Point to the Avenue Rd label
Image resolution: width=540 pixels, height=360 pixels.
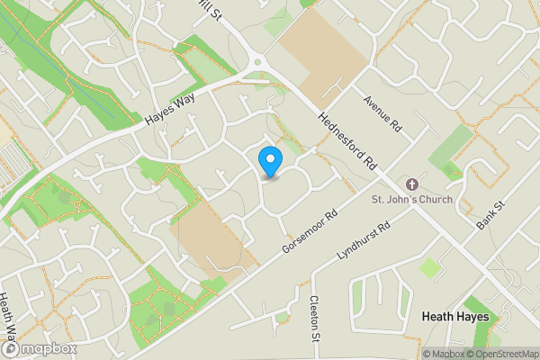tap(382, 113)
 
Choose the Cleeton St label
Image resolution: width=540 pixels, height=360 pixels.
tap(315, 319)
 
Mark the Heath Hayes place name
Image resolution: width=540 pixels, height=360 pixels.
tap(456, 318)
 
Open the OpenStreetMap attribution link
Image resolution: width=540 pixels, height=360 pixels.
tap(504, 354)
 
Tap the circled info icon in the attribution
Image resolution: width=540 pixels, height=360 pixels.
tap(415, 354)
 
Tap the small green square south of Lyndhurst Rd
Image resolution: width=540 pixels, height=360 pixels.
tap(431, 267)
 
